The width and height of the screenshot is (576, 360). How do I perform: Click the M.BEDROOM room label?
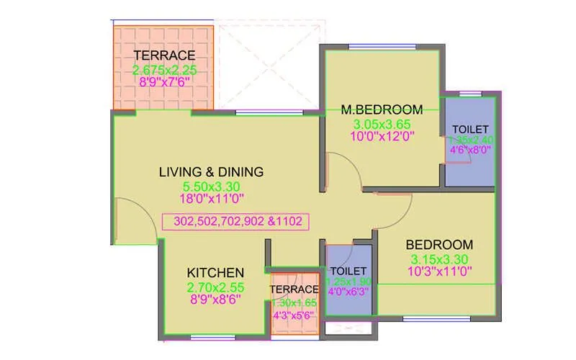pyautogui.click(x=372, y=109)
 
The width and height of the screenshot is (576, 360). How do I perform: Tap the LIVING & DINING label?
pyautogui.click(x=211, y=172)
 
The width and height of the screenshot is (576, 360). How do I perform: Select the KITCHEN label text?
pyautogui.click(x=215, y=273)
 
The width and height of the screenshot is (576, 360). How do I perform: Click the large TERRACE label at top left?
pyautogui.click(x=164, y=55)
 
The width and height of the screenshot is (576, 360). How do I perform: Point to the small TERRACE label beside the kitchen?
pyautogui.click(x=293, y=289)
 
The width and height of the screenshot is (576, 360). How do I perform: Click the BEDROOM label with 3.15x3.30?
pyautogui.click(x=438, y=245)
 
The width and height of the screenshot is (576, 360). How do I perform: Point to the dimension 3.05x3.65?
pyautogui.click(x=372, y=124)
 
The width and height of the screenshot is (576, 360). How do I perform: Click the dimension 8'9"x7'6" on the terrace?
pyautogui.click(x=164, y=83)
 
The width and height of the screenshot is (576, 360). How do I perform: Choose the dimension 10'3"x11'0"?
pyautogui.click(x=438, y=271)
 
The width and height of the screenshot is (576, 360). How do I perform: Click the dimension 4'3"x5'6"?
pyautogui.click(x=293, y=315)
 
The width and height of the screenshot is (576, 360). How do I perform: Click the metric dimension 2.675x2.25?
pyautogui.click(x=164, y=70)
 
